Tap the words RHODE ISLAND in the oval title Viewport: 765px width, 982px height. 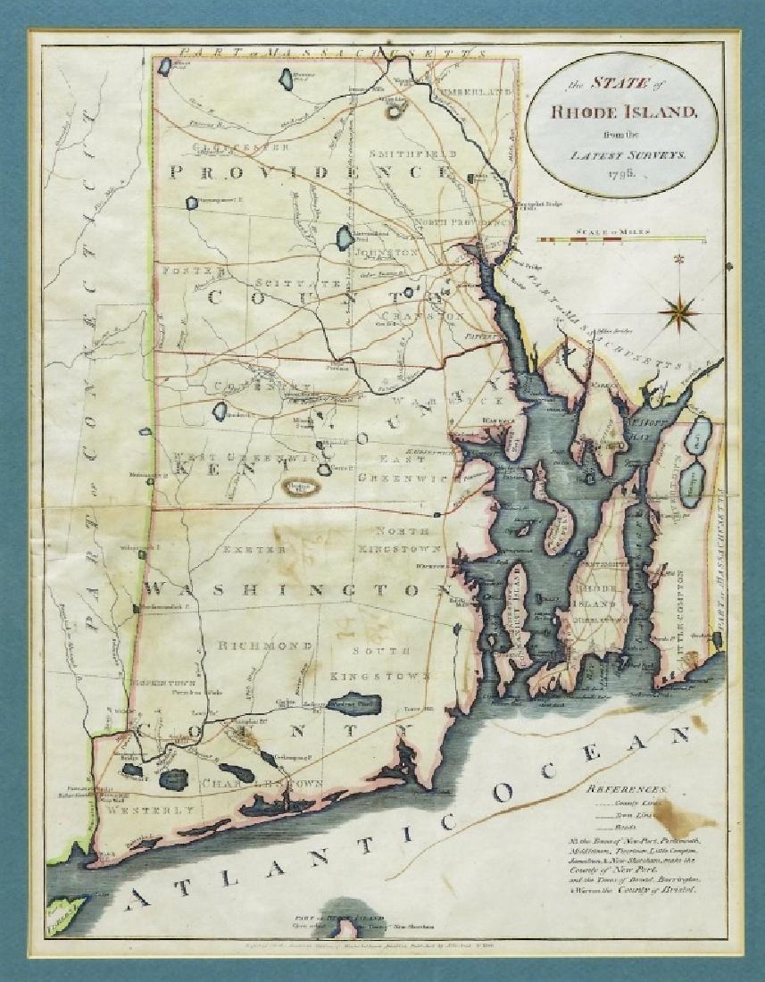[x=617, y=112]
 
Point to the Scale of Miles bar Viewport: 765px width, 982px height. [x=621, y=240]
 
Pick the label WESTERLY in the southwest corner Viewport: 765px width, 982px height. [x=147, y=811]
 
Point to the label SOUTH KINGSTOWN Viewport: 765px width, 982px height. [x=378, y=663]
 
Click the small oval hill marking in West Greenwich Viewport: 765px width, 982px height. [x=301, y=487]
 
